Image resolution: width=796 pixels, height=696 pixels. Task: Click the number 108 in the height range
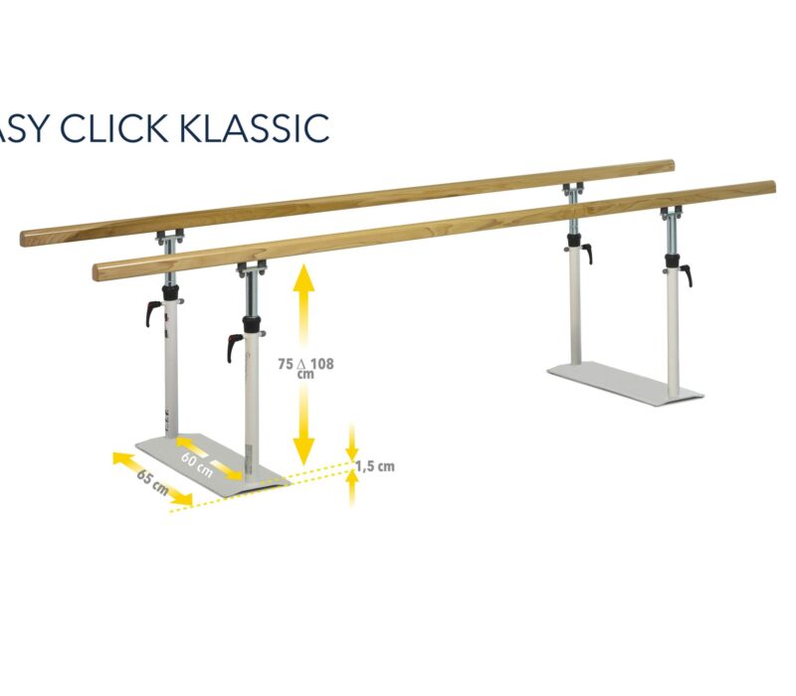click(320, 364)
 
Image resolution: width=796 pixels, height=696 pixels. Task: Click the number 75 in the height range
click(286, 364)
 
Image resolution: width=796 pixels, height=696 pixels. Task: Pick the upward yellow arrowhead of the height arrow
click(303, 279)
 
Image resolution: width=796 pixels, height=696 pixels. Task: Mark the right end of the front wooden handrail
click(771, 188)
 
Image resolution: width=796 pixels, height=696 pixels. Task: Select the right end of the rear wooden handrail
click(670, 166)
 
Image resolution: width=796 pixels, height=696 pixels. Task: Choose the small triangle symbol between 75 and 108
click(303, 364)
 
